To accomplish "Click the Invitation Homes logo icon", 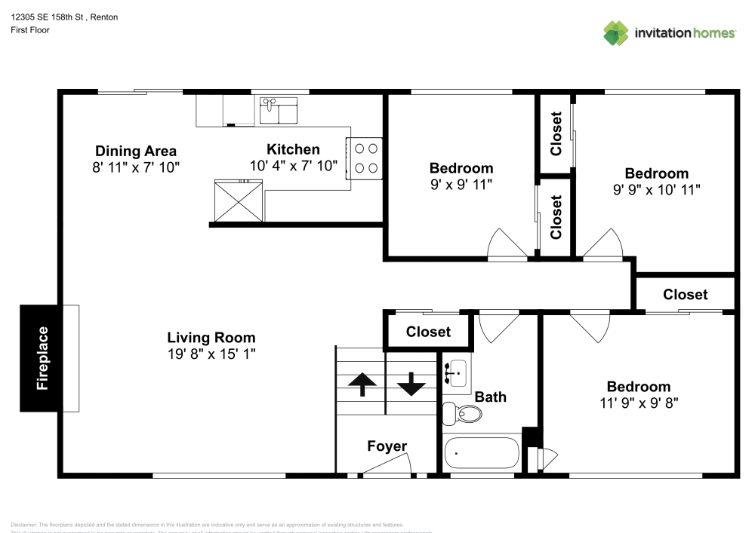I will pyautogui.click(x=616, y=33).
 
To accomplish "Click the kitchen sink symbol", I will pyautogui.click(x=279, y=110).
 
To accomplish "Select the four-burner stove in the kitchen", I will pyautogui.click(x=365, y=158).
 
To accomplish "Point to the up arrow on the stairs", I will pyautogui.click(x=362, y=384).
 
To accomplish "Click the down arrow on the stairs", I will pyautogui.click(x=411, y=384).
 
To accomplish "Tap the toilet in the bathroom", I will pyautogui.click(x=462, y=413).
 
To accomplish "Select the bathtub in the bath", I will pyautogui.click(x=482, y=453).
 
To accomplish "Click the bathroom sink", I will pyautogui.click(x=456, y=372).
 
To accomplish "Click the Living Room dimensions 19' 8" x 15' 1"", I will pyautogui.click(x=211, y=354).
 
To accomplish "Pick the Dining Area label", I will pyautogui.click(x=136, y=151).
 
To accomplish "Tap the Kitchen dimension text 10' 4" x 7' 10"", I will pyautogui.click(x=293, y=166).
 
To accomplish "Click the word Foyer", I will pyautogui.click(x=387, y=446).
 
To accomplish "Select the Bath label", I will pyautogui.click(x=490, y=397).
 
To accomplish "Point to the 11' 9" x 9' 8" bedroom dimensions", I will pyautogui.click(x=638, y=403).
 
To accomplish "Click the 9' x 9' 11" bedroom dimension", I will pyautogui.click(x=461, y=184).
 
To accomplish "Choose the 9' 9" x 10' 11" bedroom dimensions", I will pyautogui.click(x=656, y=190).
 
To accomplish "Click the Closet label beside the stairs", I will pyautogui.click(x=428, y=332).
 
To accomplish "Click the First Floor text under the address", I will pyautogui.click(x=30, y=30).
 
